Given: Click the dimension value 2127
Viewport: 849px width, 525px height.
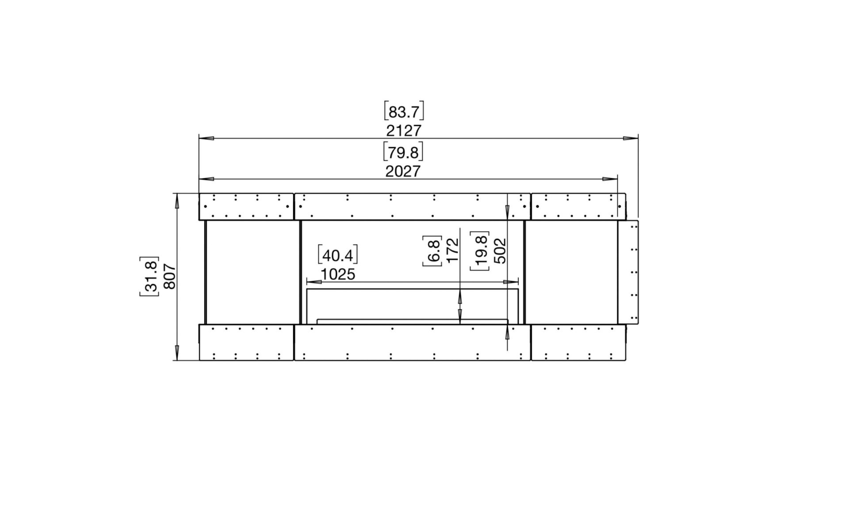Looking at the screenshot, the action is pos(404,131).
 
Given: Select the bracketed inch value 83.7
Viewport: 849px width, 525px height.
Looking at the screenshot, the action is pos(404,111).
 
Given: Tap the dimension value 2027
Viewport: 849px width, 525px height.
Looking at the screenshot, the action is pos(403,171).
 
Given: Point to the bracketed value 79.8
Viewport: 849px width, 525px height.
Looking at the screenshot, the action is pos(403,152).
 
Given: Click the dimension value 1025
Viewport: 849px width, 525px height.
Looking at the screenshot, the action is pos(337,275).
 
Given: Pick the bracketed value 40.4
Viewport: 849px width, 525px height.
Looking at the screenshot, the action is pos(338,255).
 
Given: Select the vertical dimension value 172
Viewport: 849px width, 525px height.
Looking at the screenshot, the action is pos(453,251).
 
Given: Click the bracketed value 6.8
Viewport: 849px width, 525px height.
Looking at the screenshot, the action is pos(433,251).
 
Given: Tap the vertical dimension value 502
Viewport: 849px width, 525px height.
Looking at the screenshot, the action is pos(500,251).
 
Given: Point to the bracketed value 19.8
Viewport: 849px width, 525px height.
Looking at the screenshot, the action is pos(480,251).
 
